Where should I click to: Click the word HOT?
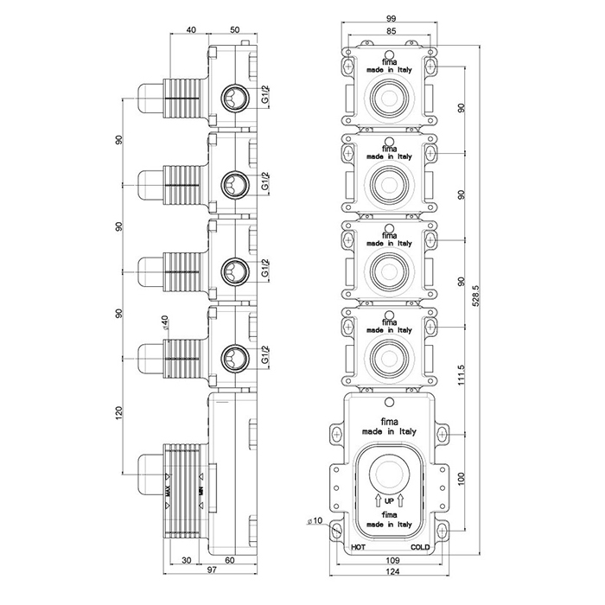coord(356,548)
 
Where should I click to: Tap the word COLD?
coord(421,548)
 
